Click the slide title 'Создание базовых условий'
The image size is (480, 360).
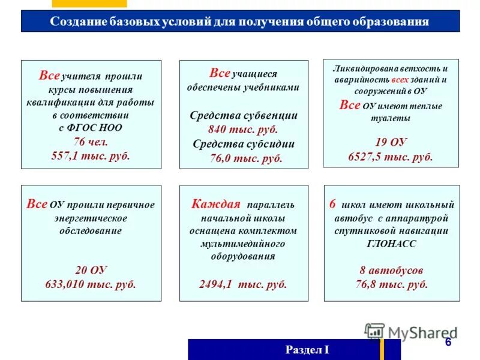pyautogui.click(x=239, y=22)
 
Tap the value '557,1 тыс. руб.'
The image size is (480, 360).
pyautogui.click(x=91, y=155)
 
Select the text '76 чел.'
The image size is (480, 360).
pyautogui.click(x=91, y=142)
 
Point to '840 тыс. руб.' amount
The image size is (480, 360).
pyautogui.click(x=243, y=129)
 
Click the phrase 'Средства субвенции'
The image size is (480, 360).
pyautogui.click(x=243, y=115)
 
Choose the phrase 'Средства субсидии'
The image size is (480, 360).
pyautogui.click(x=243, y=144)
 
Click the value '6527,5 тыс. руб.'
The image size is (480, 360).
pyautogui.click(x=391, y=156)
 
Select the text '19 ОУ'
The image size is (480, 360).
pyautogui.click(x=391, y=142)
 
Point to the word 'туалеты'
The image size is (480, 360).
pyautogui.click(x=391, y=118)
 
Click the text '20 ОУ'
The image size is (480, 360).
pyautogui.click(x=91, y=270)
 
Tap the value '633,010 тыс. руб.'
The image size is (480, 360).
pyautogui.click(x=91, y=284)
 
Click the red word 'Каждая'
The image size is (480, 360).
pyautogui.click(x=215, y=204)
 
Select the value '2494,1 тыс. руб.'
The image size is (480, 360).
pyautogui.click(x=243, y=284)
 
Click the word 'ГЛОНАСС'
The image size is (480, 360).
pyautogui.click(x=391, y=244)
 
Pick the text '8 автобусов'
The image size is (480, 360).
pyautogui.click(x=391, y=270)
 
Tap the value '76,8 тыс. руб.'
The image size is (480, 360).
pyautogui.click(x=391, y=284)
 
